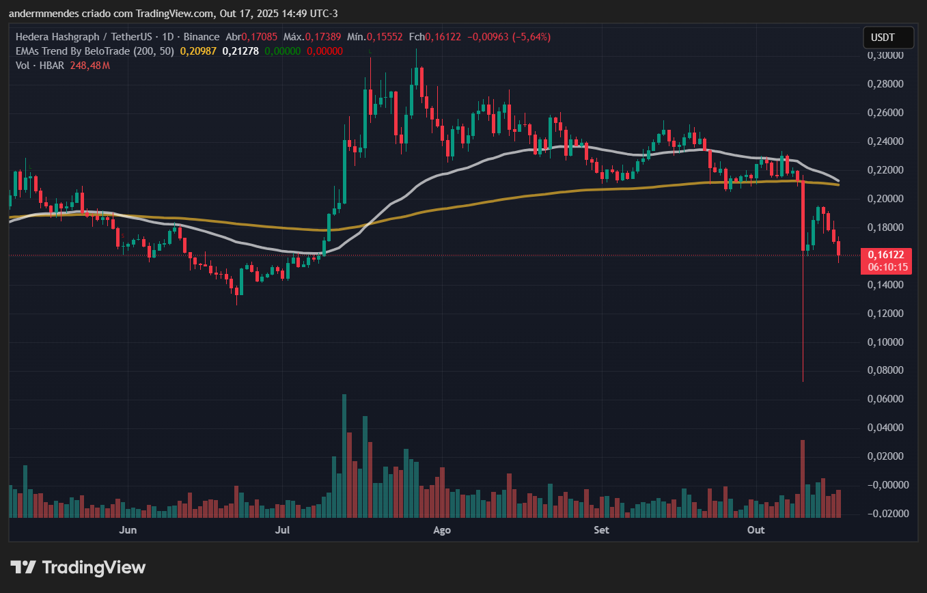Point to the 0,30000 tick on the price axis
click(885, 55)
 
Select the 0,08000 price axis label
click(885, 370)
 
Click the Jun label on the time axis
click(127, 530)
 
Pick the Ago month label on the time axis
click(442, 530)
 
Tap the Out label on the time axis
click(756, 530)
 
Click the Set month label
click(601, 530)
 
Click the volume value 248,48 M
click(89, 66)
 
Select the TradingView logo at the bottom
click(78, 567)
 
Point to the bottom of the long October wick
click(803, 381)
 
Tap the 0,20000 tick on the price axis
click(885, 199)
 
